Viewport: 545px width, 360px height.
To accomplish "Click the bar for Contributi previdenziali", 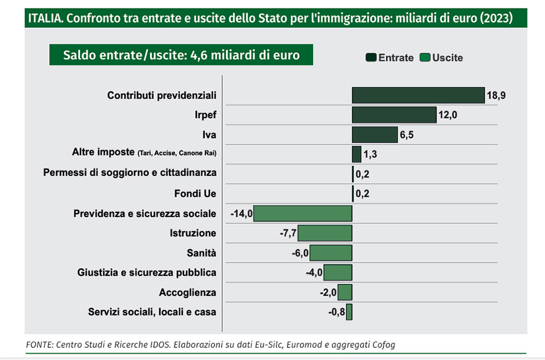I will pos(418,96).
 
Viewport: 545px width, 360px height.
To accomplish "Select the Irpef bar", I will pos(394,115).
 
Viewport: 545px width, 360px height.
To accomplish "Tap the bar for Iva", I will pos(374,134).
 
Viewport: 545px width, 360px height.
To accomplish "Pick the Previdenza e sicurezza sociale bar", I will pos(303,214).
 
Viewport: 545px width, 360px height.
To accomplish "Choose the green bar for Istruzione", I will pos(325,234).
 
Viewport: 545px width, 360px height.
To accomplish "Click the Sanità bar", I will pos(331,253).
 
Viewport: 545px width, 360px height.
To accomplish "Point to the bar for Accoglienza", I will pos(345,292).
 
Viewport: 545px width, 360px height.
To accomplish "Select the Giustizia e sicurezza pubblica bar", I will pos(337,273).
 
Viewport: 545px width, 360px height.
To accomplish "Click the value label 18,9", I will pos(497,96).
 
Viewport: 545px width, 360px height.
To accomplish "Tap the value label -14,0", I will pos(241,214).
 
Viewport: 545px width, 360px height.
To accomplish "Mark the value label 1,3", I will pos(371,154).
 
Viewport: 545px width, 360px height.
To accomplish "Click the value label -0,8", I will pos(336,312).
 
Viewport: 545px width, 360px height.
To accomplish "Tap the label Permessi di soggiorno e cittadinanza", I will pos(130,173).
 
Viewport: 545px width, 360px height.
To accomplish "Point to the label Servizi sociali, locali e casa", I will pos(151,312).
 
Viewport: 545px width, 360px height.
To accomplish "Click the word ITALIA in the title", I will pos(45,18).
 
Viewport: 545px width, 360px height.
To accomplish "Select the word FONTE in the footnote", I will pos(39,344).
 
